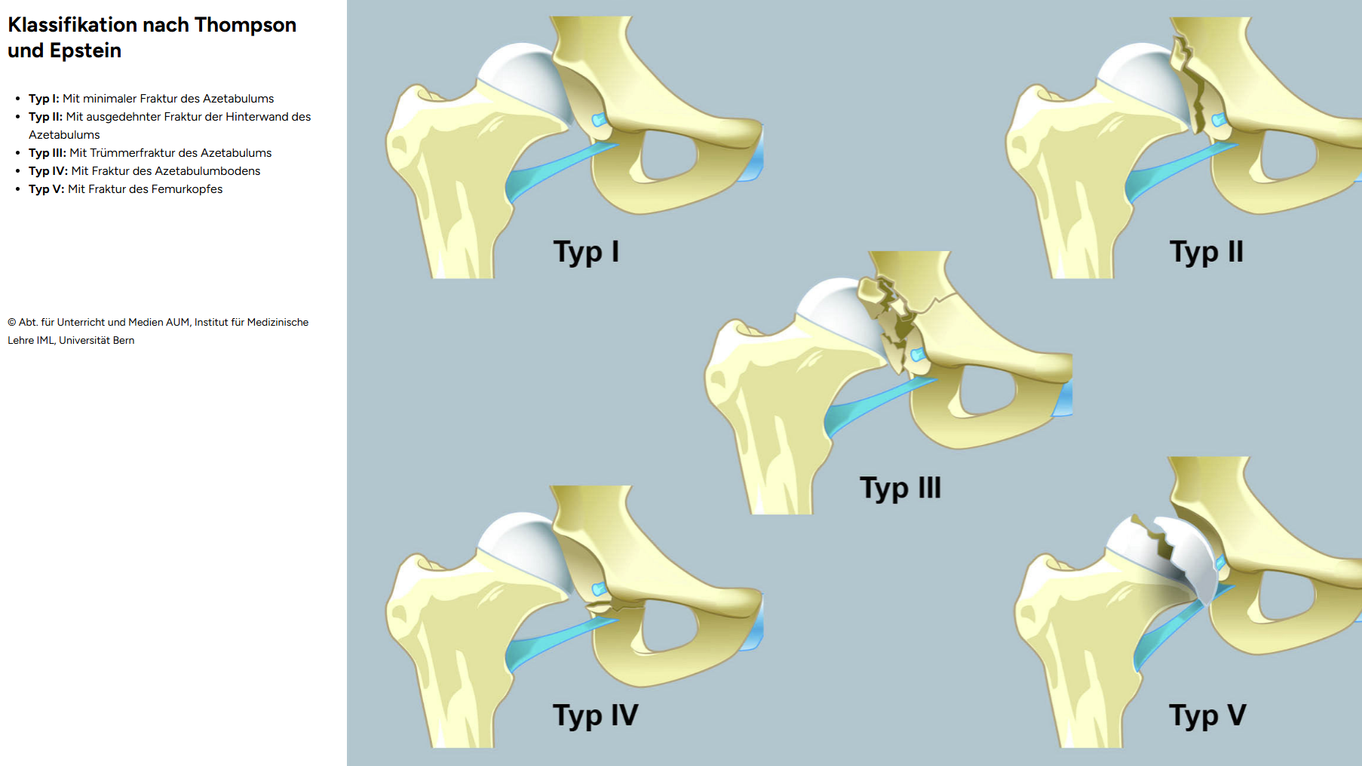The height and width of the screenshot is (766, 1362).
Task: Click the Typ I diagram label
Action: coord(586,252)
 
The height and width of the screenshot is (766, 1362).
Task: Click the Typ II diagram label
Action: coord(1206,252)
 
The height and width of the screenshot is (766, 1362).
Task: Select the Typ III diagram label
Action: coord(900,489)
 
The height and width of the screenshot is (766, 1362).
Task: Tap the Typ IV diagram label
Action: coord(595,715)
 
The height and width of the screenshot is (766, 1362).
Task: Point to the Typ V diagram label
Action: coord(1207,715)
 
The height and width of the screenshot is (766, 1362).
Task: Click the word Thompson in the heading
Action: coord(245,25)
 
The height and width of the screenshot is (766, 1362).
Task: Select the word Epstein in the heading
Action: coord(85,51)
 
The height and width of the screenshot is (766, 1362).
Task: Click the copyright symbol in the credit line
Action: coord(12,323)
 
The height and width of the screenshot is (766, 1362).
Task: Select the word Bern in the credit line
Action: coord(124,341)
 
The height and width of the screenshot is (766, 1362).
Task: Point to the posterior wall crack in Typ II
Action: coord(1190,83)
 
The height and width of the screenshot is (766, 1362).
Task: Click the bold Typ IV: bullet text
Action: coord(48,171)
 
